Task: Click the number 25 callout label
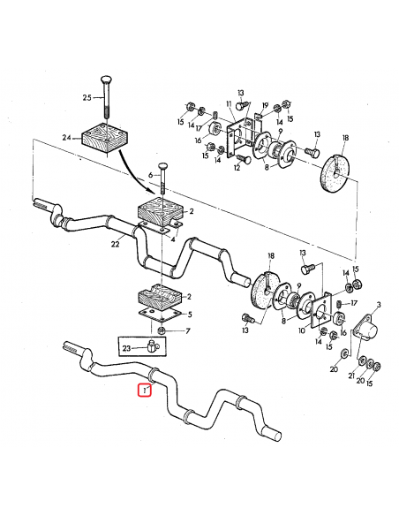[x=87, y=96]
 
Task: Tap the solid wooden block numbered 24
[x=104, y=138]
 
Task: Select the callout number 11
[x=227, y=103]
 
